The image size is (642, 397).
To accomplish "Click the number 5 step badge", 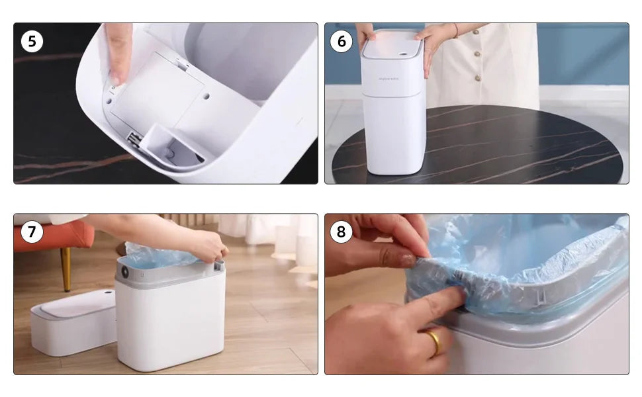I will coord(32,42).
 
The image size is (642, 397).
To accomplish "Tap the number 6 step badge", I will coord(342,42).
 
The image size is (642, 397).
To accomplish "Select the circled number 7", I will coord(32,232).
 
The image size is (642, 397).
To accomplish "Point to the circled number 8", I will coord(342,232).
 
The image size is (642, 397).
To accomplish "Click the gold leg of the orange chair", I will coord(66,268).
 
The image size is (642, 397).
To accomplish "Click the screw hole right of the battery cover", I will coord(206,96).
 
